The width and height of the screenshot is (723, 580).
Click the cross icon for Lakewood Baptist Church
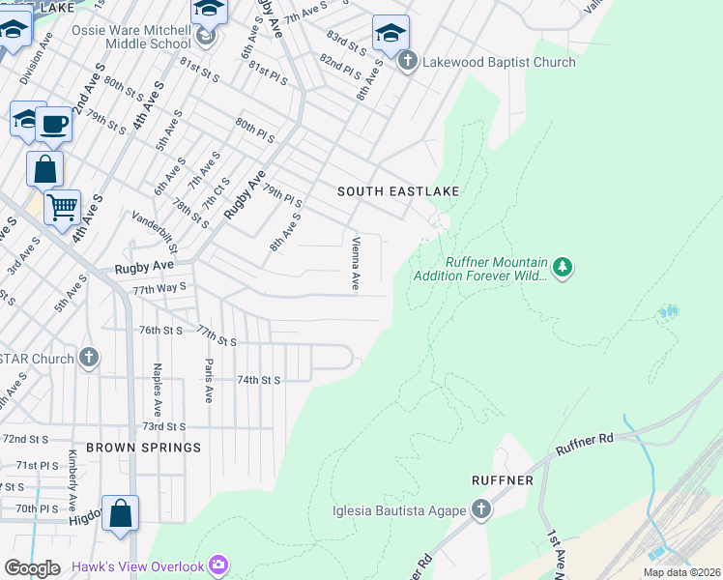pos(407,62)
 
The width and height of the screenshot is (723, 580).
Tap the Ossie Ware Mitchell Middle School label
pos(131,37)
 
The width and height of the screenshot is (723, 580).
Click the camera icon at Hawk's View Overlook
pos(219,565)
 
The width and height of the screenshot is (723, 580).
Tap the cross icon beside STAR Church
pos(89,359)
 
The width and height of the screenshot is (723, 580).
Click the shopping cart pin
pos(62,206)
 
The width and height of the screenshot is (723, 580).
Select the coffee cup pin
pos(54,125)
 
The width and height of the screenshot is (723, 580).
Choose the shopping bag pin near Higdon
pos(120,513)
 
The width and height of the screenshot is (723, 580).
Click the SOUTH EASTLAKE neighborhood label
pos(397,191)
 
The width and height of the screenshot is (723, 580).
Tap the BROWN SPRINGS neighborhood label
pos(143,448)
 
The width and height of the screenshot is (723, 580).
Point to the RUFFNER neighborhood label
pos(503,479)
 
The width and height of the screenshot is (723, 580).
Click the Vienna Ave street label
pos(356,264)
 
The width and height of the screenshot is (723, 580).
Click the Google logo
pos(32,567)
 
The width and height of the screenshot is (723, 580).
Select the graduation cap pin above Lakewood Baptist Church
pos(390,34)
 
